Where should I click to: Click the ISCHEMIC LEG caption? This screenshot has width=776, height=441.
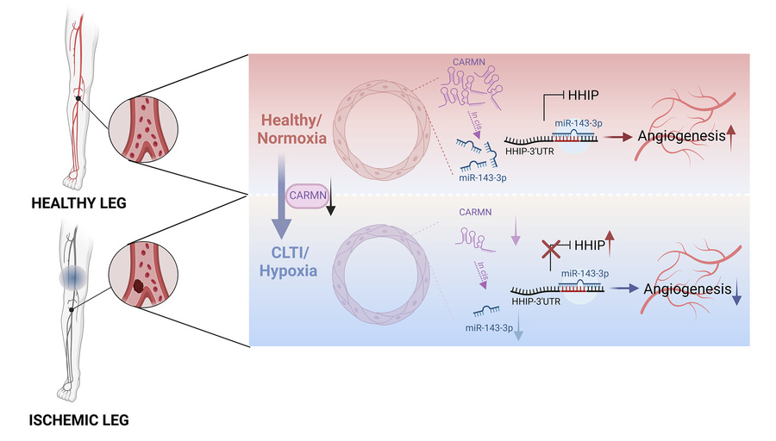[x=78, y=421]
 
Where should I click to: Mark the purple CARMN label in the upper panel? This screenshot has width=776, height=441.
[x=470, y=66]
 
